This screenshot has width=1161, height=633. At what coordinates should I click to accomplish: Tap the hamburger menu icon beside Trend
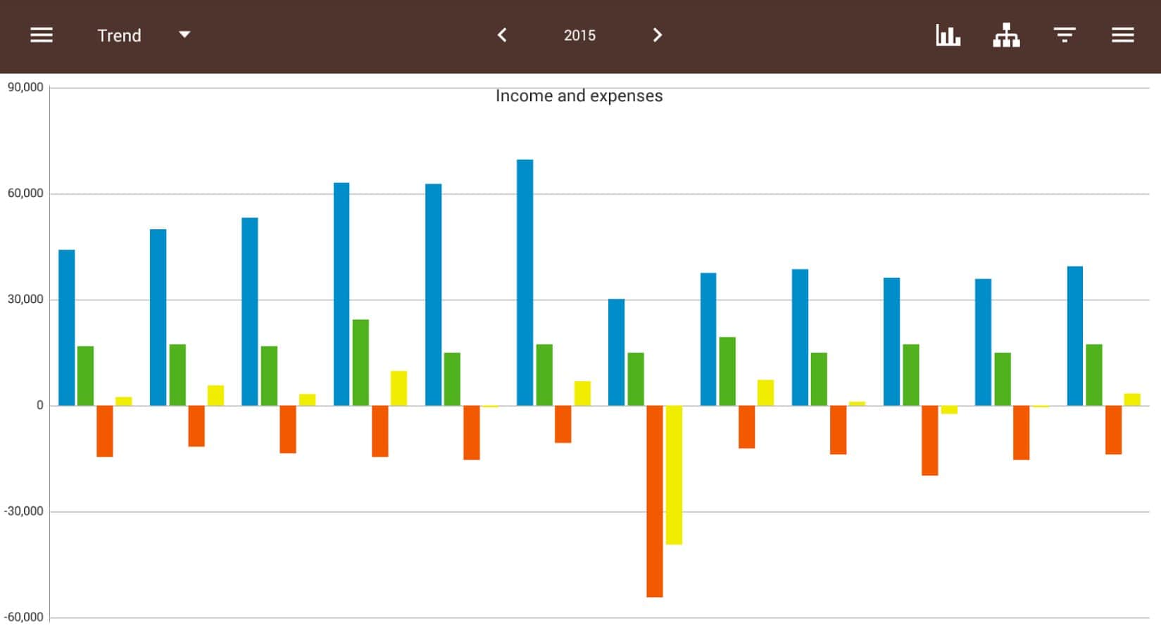(42, 35)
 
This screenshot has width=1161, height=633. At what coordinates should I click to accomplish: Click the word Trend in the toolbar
(119, 36)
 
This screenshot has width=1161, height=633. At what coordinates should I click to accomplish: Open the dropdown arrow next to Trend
(184, 34)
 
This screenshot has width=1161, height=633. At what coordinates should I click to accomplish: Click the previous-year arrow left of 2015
(502, 35)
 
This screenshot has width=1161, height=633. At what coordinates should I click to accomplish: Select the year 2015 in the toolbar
(579, 36)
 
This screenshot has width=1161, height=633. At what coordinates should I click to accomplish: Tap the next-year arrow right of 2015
(658, 35)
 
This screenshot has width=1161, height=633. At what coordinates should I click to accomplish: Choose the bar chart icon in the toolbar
(948, 35)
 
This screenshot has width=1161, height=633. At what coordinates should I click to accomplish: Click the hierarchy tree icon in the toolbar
(1006, 35)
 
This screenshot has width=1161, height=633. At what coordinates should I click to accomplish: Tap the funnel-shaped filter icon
(1064, 35)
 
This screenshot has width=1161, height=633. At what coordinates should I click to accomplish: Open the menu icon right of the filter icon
(1122, 35)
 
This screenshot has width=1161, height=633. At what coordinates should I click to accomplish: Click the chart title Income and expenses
(579, 96)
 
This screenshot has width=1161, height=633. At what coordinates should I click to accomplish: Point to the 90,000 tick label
(25, 87)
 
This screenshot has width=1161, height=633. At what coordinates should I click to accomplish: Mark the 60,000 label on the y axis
(25, 193)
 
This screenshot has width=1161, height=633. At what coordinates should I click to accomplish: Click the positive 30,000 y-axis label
(25, 300)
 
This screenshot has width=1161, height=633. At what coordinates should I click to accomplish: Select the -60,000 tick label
(24, 618)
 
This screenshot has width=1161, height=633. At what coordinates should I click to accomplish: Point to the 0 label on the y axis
(40, 406)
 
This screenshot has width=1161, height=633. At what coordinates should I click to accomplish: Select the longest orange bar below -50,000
(655, 501)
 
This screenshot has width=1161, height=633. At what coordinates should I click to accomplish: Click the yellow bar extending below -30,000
(674, 475)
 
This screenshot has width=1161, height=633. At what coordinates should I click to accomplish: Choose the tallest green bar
(360, 362)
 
